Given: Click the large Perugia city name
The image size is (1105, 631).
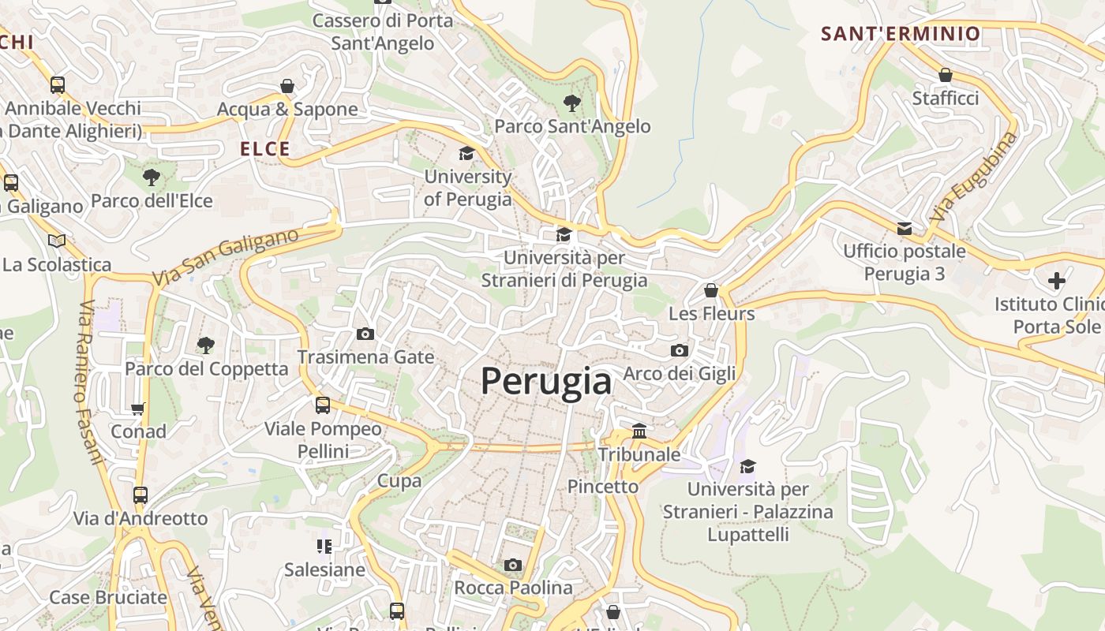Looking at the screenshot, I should coord(545,382).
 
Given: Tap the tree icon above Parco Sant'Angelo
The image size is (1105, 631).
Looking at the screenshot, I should coord(571,103).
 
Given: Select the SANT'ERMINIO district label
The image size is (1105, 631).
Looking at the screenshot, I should coord(901,34).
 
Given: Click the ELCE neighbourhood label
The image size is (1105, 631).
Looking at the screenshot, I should coord(265,149).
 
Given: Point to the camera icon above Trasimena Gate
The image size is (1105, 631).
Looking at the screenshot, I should coord(365,334).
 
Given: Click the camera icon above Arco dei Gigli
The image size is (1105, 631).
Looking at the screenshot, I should coord(679,350).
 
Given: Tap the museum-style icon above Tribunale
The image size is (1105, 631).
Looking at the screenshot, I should coord(639,431).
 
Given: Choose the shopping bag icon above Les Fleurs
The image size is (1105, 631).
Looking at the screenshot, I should coord(711,290).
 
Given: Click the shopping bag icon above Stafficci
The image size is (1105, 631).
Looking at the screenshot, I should coord(945,75).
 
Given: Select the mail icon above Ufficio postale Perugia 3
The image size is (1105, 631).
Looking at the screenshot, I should coord(905,229).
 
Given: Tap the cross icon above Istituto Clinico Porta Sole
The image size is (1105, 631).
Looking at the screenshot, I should coord(1056,280).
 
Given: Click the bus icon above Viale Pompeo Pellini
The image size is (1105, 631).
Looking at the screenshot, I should coord(323,405).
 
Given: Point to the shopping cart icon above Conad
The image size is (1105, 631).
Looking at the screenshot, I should coord(138,409).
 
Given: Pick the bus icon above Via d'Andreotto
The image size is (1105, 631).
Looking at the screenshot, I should coord(140,495).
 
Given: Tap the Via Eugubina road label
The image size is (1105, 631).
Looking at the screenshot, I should coord(974,177).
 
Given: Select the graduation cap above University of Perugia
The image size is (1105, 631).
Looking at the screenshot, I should coord(467,153).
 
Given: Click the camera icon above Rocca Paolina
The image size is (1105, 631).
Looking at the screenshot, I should coord(513,565).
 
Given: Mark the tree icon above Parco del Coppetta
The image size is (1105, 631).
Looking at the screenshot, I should coord(206,345).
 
